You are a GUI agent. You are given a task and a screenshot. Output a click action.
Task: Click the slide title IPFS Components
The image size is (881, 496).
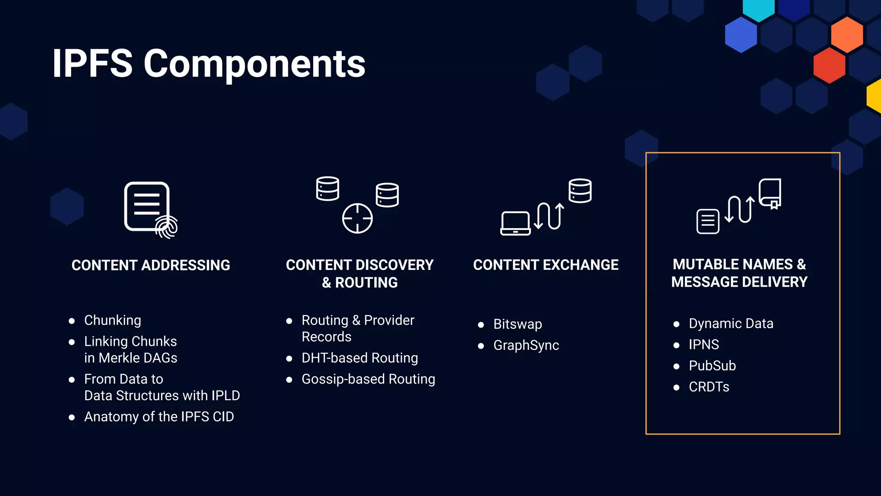click(209, 64)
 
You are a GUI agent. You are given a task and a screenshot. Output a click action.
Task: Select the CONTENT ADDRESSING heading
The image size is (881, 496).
click(151, 265)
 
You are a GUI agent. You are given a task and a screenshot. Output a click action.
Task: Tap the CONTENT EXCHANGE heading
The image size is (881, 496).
click(545, 265)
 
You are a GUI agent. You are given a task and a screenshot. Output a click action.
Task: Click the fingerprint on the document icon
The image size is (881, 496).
click(167, 227)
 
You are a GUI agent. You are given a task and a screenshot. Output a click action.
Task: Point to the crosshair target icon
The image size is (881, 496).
click(357, 218)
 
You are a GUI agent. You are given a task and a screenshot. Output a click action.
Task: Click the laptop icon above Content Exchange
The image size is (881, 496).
click(515, 223)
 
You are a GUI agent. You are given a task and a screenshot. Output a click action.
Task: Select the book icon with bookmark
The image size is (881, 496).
click(770, 193)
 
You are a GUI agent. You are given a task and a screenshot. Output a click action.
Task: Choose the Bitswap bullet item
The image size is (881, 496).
click(517, 324)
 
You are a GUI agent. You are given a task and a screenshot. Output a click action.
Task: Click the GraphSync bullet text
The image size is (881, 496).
click(526, 345)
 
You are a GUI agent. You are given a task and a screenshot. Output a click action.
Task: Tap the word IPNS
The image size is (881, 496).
click(703, 344)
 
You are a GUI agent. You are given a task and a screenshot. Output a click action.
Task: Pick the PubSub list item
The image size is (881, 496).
click(712, 366)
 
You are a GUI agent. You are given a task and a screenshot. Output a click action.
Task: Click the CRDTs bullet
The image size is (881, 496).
click(708, 387)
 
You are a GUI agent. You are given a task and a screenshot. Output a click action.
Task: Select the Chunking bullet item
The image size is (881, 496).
click(112, 320)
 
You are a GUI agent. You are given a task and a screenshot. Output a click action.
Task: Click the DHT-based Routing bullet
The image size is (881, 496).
click(359, 358)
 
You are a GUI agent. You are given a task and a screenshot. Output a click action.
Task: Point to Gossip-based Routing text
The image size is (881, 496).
click(368, 379)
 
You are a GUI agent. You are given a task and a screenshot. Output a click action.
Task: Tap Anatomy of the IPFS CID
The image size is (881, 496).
click(159, 417)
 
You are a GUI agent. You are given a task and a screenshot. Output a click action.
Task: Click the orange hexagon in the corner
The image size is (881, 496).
click(847, 34)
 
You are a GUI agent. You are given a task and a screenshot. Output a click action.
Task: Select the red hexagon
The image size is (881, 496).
click(829, 65)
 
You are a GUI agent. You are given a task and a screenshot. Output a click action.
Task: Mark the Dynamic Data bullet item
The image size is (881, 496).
click(730, 323)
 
